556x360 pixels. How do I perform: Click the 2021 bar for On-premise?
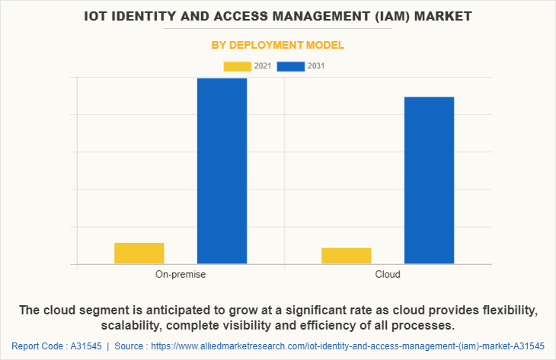click(x=139, y=253)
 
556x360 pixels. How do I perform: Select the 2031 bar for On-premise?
click(x=222, y=171)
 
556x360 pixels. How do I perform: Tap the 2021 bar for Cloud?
click(x=347, y=256)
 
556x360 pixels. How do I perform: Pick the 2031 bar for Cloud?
click(x=429, y=180)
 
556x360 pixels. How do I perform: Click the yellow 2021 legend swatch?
click(x=237, y=66)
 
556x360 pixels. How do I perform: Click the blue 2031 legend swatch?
click(x=291, y=66)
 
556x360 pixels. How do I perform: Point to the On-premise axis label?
click(x=181, y=274)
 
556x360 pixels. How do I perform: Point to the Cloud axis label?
click(x=388, y=274)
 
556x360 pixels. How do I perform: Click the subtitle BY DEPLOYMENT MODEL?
click(x=277, y=45)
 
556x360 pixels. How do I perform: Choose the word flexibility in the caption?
click(x=506, y=311)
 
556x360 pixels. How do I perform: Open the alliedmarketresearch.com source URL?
click(x=348, y=346)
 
